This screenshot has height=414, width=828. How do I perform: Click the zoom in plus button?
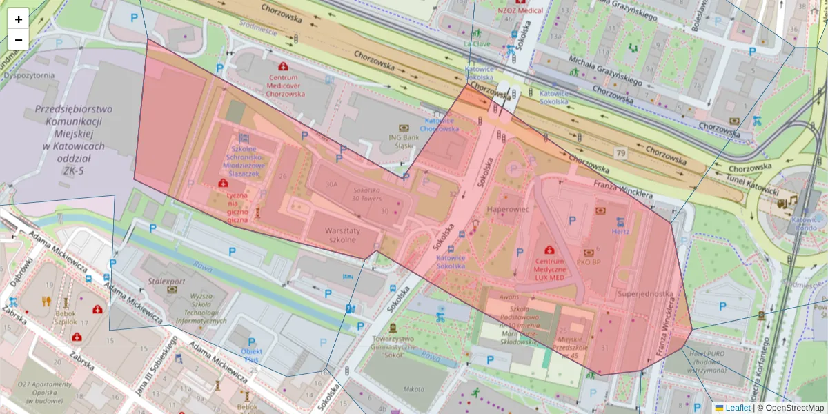(x=19, y=19)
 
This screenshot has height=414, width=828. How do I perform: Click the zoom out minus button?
(x=19, y=40)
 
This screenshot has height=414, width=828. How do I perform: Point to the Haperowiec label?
(x=508, y=208)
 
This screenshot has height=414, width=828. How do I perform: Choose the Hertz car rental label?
(x=620, y=231)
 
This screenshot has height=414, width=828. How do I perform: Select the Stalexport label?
(x=166, y=282)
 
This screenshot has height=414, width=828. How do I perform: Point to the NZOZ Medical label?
(x=520, y=11)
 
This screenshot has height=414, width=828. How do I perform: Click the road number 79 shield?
(x=623, y=152)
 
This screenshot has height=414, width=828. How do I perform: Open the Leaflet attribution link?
(x=737, y=408)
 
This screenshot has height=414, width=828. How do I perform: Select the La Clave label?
(x=476, y=43)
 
